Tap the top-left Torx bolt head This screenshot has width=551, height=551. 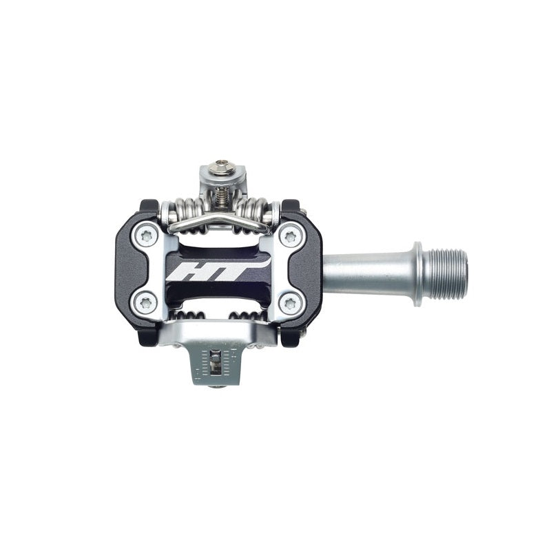tap(146, 236)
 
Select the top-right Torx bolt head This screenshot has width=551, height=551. tap(290, 237)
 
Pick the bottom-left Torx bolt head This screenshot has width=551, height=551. tap(146, 302)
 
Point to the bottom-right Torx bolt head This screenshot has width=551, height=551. tap(290, 303)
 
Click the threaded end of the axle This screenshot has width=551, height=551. tap(445, 274)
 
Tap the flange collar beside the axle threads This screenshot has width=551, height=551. tap(418, 273)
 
